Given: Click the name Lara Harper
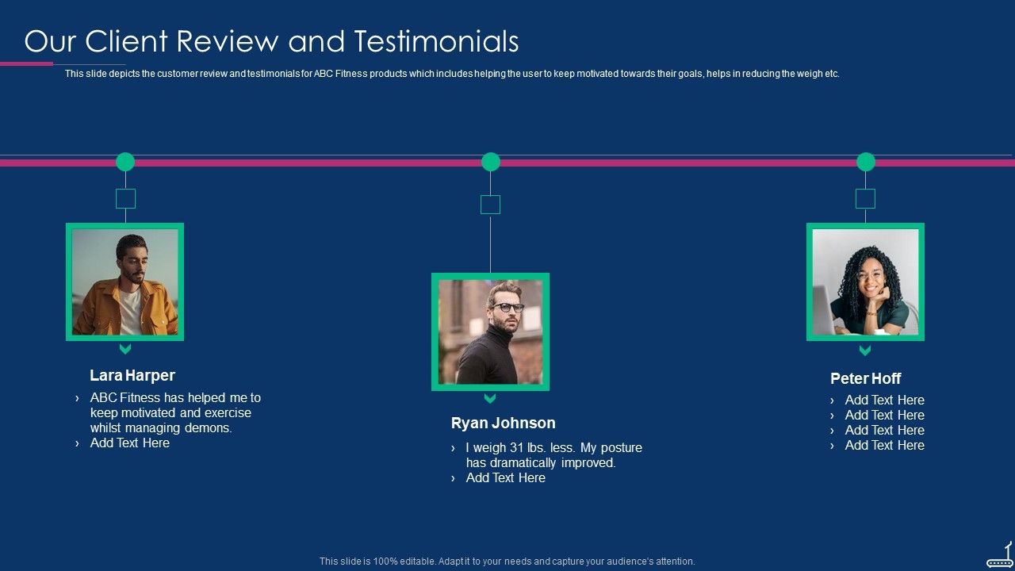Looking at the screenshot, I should [x=132, y=375].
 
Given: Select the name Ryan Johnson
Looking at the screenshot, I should [x=503, y=423].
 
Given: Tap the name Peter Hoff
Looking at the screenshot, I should [x=865, y=378].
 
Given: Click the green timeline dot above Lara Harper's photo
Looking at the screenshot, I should [x=125, y=162].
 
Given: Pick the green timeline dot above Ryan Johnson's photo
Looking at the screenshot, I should [x=491, y=162].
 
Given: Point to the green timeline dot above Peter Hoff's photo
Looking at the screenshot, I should [x=866, y=162].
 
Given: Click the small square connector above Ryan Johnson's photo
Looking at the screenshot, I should [x=491, y=205].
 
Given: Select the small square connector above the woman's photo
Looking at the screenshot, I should [x=865, y=198].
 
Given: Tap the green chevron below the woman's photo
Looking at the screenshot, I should [x=865, y=350].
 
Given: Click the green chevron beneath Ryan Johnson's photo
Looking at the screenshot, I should [x=490, y=398].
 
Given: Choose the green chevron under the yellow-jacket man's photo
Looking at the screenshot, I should [x=125, y=349].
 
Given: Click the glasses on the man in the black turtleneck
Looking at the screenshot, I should [x=507, y=307].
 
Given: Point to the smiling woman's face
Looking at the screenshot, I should [x=871, y=278].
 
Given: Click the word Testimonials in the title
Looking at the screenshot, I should [x=436, y=41].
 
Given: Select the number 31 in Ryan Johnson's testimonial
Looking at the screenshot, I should [x=519, y=447].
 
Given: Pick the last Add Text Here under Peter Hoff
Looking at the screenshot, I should [x=884, y=445].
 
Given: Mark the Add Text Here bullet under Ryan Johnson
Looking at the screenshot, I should [x=505, y=477].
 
